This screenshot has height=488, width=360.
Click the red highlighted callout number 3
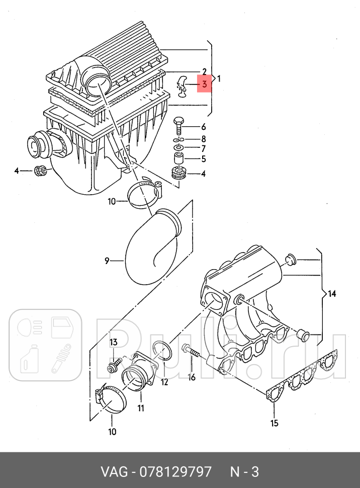click(204, 85)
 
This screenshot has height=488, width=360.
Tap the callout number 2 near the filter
click(205, 71)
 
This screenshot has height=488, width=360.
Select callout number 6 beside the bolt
click(203, 127)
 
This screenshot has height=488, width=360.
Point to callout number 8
click(203, 138)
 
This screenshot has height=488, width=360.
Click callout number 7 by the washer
click(203, 148)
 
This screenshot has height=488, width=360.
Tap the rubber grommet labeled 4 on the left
click(40, 171)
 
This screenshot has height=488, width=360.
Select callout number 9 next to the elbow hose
click(107, 260)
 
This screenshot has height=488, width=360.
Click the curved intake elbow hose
click(151, 247)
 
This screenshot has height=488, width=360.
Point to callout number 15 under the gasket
click(274, 423)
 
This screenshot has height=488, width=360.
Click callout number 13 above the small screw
click(114, 342)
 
